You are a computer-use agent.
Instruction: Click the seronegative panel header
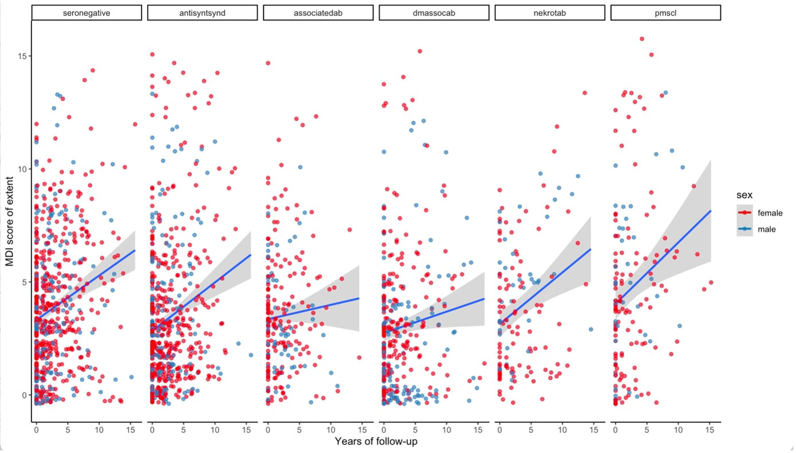pos(86,13)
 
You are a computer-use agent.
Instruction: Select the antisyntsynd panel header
pos(202,13)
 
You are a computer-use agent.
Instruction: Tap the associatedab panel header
pos(318,13)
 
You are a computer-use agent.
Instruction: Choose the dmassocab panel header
pos(434,13)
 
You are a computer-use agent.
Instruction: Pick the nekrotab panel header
pos(550,13)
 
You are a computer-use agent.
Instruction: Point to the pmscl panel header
pos(665,13)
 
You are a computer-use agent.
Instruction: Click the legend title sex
pos(744,196)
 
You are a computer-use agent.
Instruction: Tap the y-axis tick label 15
pos(24,56)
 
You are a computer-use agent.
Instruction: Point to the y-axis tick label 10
pos(24,169)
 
